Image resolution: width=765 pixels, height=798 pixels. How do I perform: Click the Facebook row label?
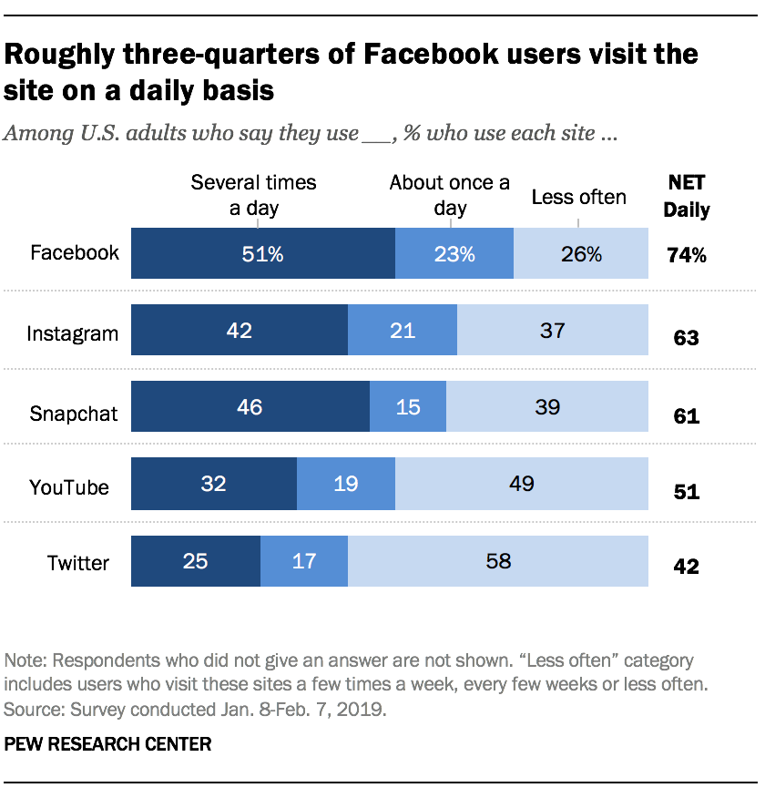pos(75,252)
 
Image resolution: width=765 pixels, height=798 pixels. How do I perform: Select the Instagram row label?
pos(72,333)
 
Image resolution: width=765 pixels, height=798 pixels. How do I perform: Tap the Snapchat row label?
pos(74,414)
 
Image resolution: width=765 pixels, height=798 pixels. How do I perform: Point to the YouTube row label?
pos(69,486)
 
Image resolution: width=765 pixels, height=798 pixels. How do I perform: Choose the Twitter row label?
pos(78,562)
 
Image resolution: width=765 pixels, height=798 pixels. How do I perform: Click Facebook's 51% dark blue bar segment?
pos(263,253)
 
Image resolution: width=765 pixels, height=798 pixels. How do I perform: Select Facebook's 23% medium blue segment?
pos(454,253)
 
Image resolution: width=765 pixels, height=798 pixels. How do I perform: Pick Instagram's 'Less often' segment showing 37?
pos(553,330)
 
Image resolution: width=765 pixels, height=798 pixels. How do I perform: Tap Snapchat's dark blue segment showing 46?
pos(250,406)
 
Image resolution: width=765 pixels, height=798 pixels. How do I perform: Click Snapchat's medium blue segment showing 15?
pos(408,406)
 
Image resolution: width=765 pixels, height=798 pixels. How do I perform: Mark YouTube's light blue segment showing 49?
pos(522,484)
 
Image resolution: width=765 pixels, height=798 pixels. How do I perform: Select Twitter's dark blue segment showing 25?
pos(196,561)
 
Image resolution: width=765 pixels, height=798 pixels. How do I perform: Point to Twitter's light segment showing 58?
pos(498,561)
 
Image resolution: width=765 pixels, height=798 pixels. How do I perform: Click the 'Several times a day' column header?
pos(253,195)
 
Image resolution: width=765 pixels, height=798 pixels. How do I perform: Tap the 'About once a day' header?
pos(450,195)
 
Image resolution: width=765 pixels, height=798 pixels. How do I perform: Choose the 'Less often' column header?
pos(579,197)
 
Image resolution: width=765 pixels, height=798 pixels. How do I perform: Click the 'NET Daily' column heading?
pos(686,195)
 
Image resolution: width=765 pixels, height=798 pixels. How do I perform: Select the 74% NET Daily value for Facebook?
pos(686,255)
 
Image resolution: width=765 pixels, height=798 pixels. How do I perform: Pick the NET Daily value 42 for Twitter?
pos(686,567)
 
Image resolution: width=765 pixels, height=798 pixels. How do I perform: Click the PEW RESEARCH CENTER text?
pos(108,744)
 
